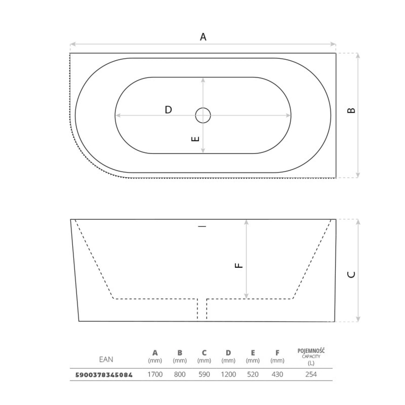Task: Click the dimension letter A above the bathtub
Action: [203, 37]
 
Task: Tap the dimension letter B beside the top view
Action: [351, 110]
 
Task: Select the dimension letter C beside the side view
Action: [351, 275]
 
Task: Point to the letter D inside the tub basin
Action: [168, 110]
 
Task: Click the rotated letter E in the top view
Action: [195, 139]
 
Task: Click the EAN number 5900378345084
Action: [104, 375]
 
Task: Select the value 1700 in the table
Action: [155, 374]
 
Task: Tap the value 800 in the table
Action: [180, 374]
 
